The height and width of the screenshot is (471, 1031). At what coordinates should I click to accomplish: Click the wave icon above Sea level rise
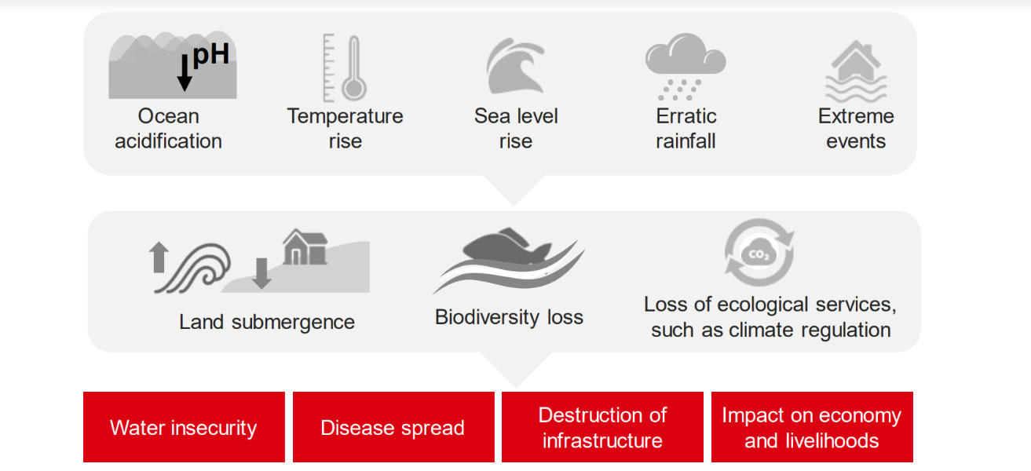515,68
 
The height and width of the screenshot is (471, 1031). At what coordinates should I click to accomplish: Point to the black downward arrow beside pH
185,73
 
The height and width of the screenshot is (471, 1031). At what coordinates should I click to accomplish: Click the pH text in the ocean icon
210,55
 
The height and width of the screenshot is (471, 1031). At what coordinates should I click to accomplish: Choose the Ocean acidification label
168,129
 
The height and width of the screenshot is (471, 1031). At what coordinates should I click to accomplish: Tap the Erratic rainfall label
686,129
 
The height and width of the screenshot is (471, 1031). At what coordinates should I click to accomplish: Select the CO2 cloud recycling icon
759,253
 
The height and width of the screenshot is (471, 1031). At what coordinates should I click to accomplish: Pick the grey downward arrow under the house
261,273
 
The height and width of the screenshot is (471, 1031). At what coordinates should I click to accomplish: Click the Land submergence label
267,322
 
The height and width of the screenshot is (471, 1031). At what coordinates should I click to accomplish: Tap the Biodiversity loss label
509,317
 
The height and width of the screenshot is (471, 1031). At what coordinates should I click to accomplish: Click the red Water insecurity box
184,427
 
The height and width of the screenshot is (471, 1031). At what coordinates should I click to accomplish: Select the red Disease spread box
393,427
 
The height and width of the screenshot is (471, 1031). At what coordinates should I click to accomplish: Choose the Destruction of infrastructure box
602,427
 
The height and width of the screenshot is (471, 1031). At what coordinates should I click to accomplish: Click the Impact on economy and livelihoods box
812,427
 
